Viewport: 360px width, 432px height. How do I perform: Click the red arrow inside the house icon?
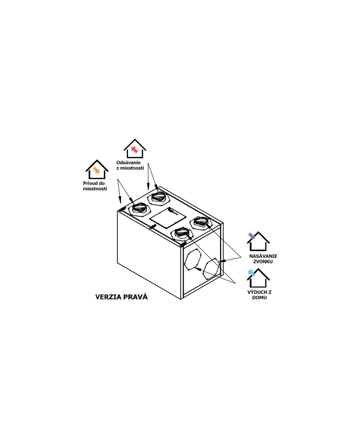tap(135, 149)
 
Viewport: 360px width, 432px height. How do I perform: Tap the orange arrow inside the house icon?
tap(96, 170)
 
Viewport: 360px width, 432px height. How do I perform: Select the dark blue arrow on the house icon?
tap(252, 236)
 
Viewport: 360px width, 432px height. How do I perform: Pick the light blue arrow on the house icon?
tap(252, 273)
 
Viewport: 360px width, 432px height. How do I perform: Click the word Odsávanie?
tap(128, 162)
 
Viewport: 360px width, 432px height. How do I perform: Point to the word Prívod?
tap(90, 183)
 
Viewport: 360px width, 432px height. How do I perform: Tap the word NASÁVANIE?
tap(263, 256)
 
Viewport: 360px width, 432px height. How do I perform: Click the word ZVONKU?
tap(263, 261)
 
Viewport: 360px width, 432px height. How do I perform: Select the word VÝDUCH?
tap(256, 292)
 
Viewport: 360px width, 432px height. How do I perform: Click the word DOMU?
tap(259, 297)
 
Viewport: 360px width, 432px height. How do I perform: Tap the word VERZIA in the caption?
tap(108, 297)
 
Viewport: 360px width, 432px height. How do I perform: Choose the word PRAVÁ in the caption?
tap(135, 297)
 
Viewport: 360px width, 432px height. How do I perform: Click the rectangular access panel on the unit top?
tap(168, 218)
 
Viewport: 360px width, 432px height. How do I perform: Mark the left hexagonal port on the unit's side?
tap(193, 259)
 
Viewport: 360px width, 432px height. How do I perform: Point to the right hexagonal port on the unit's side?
tap(211, 269)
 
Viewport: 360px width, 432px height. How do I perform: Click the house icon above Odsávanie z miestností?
tap(135, 148)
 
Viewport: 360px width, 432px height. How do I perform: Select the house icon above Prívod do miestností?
tap(97, 169)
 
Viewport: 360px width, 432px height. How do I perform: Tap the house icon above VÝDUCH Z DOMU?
tap(258, 278)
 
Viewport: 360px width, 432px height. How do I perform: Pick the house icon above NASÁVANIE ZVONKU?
tap(258, 241)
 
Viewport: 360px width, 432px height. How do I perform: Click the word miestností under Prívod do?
tap(95, 189)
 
